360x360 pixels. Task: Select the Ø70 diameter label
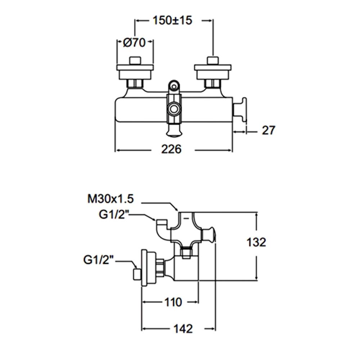click(134, 42)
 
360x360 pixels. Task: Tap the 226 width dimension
click(171, 149)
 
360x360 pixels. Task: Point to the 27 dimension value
click(268, 130)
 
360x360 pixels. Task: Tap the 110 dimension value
click(173, 302)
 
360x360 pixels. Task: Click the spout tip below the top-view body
click(174, 134)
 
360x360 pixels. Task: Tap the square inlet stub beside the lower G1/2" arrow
click(137, 274)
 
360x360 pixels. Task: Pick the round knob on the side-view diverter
click(209, 235)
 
